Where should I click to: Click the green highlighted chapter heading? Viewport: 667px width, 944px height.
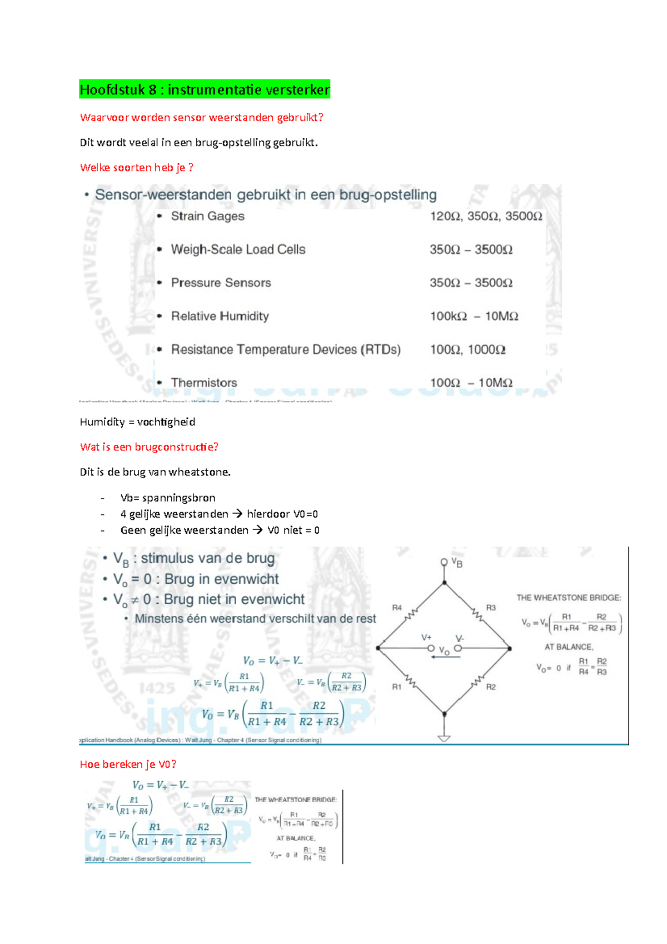(205, 90)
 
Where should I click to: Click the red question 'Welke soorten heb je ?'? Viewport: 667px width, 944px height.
(136, 167)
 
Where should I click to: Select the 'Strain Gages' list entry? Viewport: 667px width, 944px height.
(207, 216)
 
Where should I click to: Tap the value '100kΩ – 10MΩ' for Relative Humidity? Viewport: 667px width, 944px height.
(474, 316)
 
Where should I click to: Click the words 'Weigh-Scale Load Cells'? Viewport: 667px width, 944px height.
(238, 250)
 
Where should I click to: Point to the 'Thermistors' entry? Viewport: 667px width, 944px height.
(203, 383)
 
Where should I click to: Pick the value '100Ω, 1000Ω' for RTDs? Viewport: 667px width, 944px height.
(467, 350)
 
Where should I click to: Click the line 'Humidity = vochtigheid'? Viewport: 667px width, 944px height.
(137, 422)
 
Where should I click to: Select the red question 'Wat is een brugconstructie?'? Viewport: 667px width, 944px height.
(149, 447)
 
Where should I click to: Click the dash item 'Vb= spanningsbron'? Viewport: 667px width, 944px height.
(167, 498)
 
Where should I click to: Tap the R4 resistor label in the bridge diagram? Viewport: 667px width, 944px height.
(397, 608)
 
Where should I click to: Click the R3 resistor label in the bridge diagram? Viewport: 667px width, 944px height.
(491, 608)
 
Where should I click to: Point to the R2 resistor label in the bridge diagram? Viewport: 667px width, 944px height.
(491, 687)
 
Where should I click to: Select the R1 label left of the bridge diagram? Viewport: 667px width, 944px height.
(397, 687)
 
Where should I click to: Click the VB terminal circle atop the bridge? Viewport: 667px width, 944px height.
(444, 562)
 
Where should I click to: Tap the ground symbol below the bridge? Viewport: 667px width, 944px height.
(444, 738)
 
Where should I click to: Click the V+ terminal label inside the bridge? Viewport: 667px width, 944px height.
(426, 638)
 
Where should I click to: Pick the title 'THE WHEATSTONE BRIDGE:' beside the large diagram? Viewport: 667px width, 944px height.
(569, 598)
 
